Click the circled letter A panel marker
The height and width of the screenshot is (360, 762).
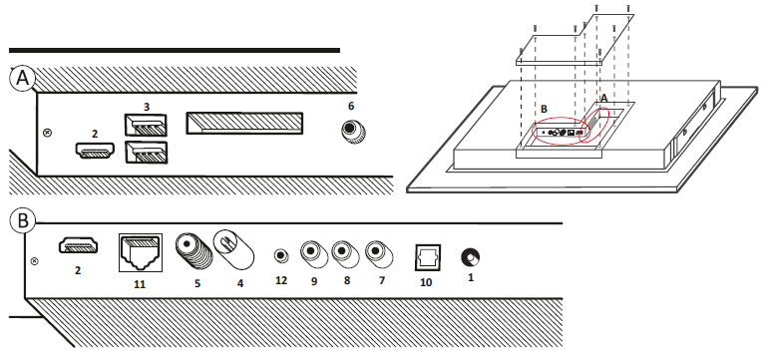tap(23, 78)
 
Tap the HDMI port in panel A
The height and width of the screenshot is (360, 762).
tap(95, 151)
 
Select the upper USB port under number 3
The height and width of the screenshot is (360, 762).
tap(146, 126)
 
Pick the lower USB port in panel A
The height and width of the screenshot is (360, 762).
tap(146, 152)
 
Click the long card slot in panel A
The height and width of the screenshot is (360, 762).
tap(244, 124)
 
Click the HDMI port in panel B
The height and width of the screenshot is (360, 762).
tap(78, 245)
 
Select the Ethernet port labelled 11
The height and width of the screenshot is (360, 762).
tap(141, 252)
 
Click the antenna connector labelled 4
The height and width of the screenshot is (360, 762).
tap(234, 249)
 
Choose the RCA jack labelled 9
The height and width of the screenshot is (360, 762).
tap(314, 253)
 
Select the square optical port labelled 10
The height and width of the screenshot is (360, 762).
tap(427, 256)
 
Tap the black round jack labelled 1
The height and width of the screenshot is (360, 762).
tap(471, 257)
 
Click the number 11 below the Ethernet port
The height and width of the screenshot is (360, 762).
tap(140, 284)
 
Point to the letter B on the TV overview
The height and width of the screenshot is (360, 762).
tap(544, 109)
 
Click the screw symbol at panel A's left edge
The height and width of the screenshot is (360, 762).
tap(47, 133)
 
